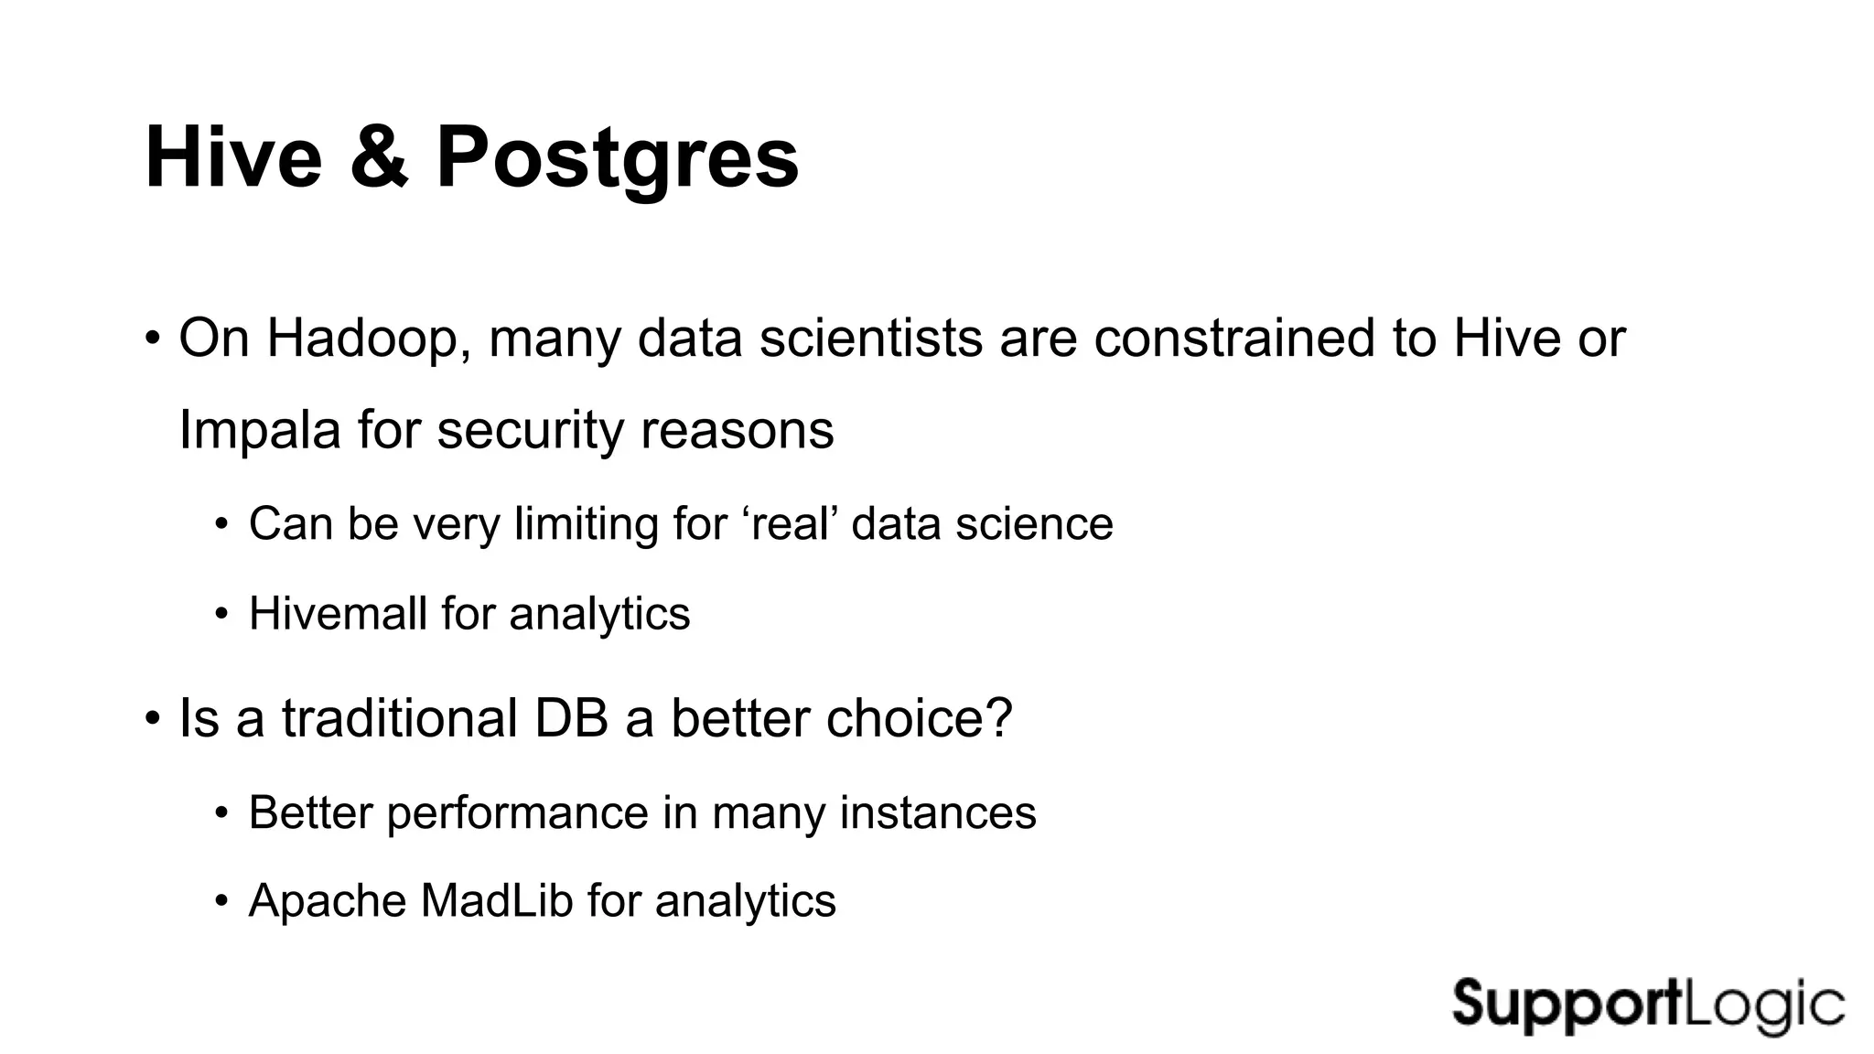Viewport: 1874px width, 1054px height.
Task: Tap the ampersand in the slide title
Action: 378,157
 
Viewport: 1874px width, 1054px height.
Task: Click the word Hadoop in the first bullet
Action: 369,339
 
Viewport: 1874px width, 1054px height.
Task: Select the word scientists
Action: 871,339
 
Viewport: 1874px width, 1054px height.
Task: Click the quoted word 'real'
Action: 794,524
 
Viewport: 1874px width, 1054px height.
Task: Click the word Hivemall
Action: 337,613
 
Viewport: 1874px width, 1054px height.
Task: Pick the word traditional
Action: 399,718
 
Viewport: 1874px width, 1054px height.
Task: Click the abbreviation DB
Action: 571,718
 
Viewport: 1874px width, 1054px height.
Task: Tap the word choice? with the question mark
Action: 919,718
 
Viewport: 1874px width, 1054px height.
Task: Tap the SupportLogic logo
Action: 1647,1006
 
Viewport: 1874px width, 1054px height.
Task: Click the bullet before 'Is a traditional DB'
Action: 153,718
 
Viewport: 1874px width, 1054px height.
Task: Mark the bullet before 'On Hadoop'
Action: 153,339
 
